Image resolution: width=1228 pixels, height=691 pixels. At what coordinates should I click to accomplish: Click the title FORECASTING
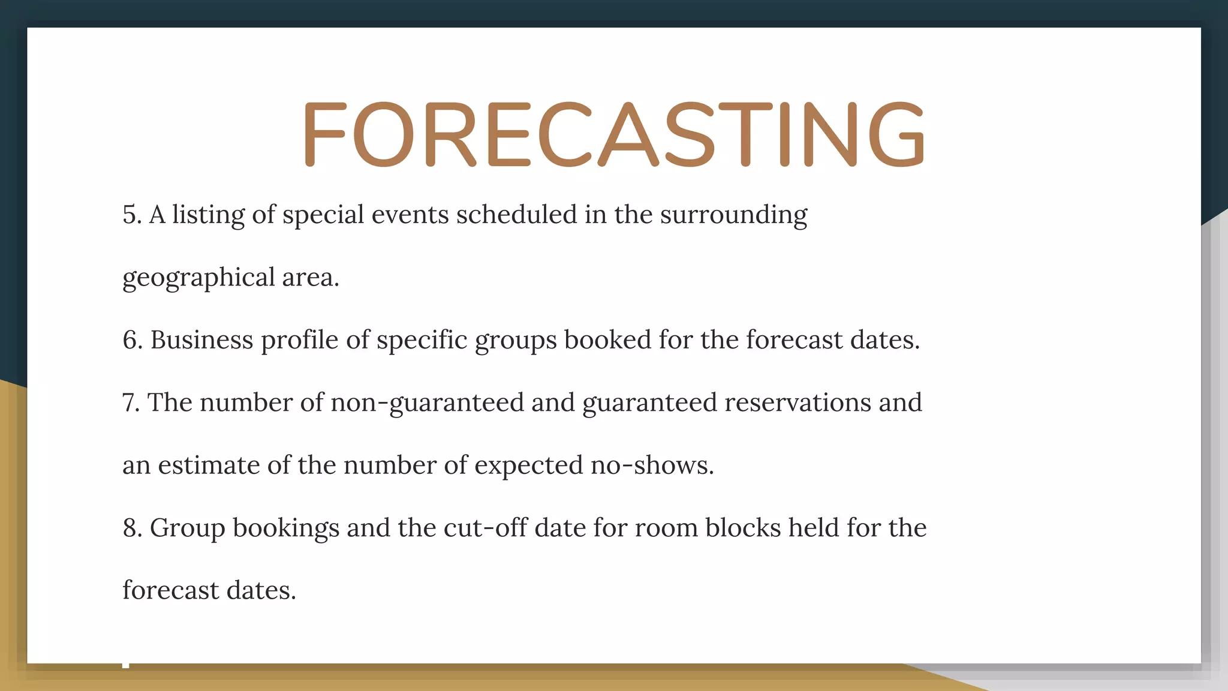click(614, 134)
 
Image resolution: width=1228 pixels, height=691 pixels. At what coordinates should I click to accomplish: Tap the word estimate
click(209, 465)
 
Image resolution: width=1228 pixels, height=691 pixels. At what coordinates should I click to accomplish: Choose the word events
click(410, 215)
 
